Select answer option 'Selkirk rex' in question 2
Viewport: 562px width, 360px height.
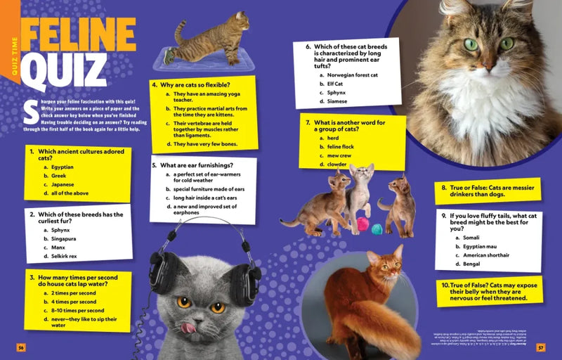(x=64, y=257)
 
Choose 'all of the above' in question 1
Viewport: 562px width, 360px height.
(x=70, y=193)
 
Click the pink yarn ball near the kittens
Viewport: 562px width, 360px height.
(x=362, y=224)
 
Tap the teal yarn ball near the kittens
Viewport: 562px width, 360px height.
(x=377, y=228)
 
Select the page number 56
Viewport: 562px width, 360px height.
(x=21, y=347)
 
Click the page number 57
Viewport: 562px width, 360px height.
(x=540, y=347)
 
